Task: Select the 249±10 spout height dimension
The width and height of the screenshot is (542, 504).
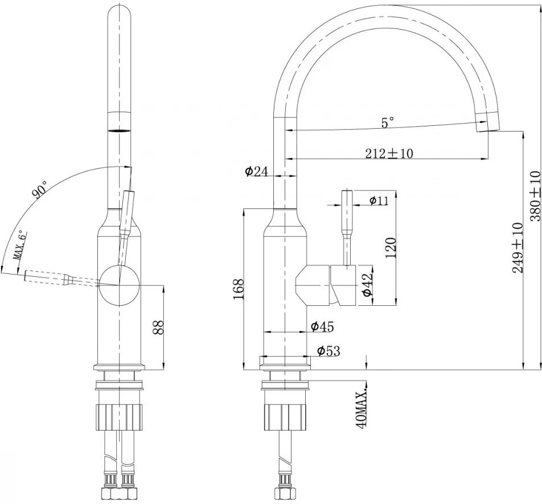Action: click(518, 247)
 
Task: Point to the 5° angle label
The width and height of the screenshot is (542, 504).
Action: click(388, 122)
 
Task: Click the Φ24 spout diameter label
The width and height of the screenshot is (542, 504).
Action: click(256, 171)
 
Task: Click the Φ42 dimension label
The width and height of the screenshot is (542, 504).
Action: click(368, 284)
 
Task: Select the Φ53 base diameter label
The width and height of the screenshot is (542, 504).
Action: click(328, 351)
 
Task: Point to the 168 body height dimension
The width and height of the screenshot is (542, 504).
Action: click(239, 289)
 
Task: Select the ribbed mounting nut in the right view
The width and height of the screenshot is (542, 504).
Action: click(286, 416)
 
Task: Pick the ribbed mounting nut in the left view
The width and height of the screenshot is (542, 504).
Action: click(120, 416)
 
